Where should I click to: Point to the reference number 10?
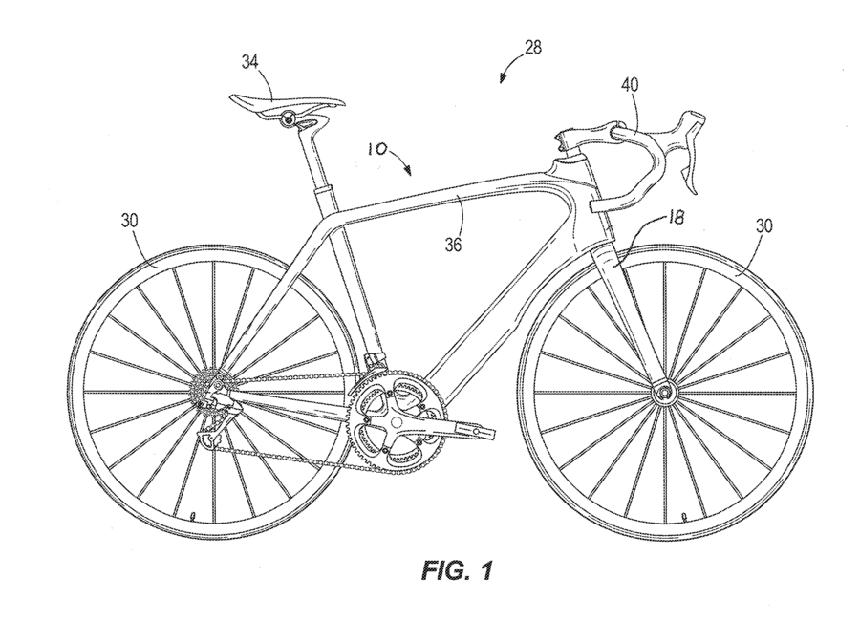(375, 150)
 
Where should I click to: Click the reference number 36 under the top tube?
(452, 245)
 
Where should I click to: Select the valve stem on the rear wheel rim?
(194, 516)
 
